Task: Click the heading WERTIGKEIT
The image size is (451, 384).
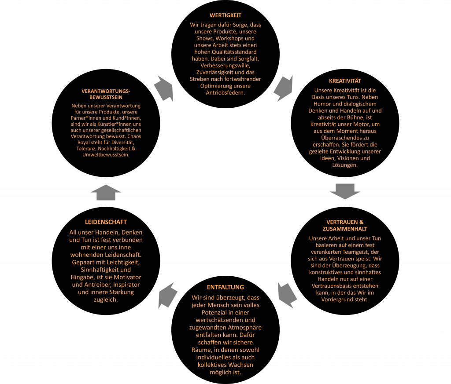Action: point(225,15)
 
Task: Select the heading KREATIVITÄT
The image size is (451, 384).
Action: point(345,80)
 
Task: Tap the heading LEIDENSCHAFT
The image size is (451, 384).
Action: point(106,222)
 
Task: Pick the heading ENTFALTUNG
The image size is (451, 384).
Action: point(225,287)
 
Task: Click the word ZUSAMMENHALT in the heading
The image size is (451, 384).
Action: point(345,229)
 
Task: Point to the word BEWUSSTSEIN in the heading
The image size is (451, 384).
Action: point(106,97)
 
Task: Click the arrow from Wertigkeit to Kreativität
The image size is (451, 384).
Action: point(284,88)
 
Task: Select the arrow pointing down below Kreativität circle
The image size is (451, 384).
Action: point(345,191)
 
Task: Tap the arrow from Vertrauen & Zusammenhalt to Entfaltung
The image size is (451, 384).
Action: point(287,295)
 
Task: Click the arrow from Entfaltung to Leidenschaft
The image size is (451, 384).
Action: point(167,296)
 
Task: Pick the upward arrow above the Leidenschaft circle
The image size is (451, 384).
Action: point(106,192)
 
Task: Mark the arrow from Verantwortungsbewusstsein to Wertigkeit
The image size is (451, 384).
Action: point(164,89)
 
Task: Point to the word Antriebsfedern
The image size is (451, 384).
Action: point(225,93)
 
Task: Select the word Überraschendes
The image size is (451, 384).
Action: point(345,138)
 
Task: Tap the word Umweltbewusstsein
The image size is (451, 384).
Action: point(106,155)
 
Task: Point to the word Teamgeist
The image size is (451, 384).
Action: point(355,252)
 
